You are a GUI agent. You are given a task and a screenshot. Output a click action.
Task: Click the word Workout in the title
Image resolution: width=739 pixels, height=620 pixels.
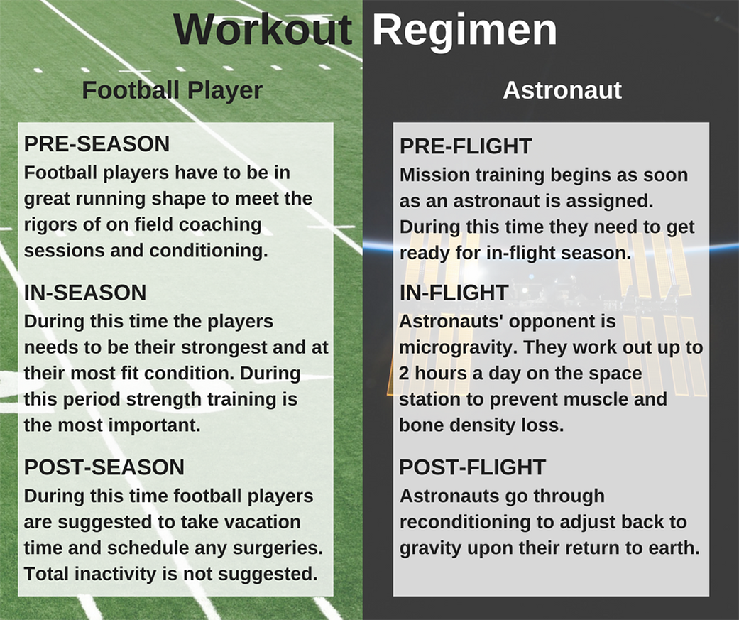(263, 29)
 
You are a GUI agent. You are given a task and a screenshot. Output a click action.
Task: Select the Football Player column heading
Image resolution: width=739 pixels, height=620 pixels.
(172, 90)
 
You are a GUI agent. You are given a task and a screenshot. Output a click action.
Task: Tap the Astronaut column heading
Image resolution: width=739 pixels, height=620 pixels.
(562, 90)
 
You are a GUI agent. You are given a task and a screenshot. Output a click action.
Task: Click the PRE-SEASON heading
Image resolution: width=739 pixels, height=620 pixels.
(97, 143)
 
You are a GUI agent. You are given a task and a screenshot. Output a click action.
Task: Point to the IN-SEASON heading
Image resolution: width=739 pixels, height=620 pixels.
(85, 293)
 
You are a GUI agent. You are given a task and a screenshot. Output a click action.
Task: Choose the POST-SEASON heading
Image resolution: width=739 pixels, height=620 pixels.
(104, 467)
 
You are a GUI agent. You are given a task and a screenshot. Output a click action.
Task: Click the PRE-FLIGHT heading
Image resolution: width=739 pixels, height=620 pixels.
(466, 146)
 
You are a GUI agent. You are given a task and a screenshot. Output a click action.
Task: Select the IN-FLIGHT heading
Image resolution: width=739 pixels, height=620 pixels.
(454, 293)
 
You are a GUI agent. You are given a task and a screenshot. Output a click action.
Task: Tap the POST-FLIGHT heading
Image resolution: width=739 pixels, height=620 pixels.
(472, 467)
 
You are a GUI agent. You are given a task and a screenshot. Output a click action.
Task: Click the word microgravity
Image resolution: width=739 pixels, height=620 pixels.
(457, 348)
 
